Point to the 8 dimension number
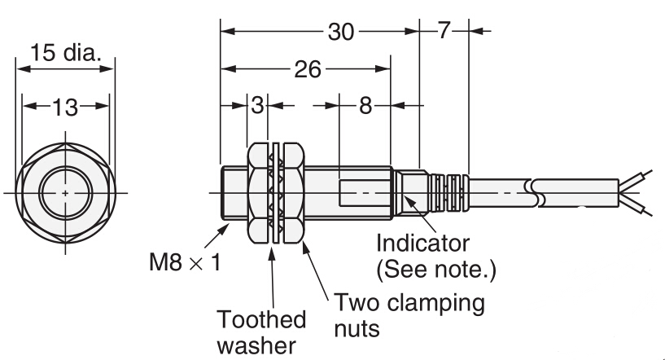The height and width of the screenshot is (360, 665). pyautogui.click(x=365, y=105)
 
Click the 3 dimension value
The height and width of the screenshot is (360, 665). pyautogui.click(x=258, y=105)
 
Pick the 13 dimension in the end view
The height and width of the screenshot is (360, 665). pyautogui.click(x=65, y=107)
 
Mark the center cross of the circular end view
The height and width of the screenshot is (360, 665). pyautogui.click(x=66, y=193)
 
